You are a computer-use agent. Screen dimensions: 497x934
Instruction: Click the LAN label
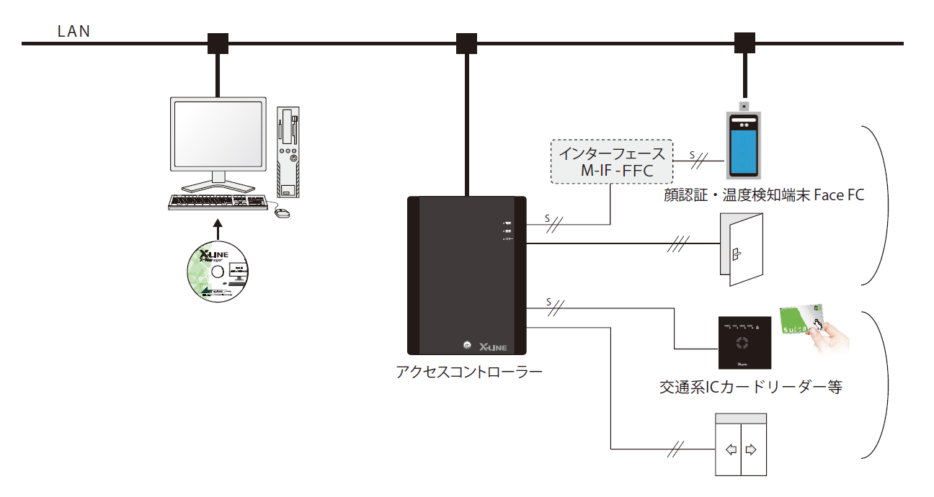tap(74, 32)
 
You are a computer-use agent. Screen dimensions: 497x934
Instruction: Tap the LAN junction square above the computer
tap(218, 43)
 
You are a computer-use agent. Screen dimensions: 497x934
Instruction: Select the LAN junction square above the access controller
tap(467, 43)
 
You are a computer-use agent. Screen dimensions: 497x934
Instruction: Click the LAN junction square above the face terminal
tap(744, 43)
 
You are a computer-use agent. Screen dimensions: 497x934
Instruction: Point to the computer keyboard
tap(220, 202)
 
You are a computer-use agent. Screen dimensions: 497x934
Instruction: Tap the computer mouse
tap(283, 212)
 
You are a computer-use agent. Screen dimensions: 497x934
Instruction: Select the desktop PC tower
tap(288, 153)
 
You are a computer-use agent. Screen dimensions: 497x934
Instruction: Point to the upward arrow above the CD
tap(217, 229)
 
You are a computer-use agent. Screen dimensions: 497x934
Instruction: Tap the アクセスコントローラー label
tap(468, 372)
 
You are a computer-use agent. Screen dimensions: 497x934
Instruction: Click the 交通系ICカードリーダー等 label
tap(750, 387)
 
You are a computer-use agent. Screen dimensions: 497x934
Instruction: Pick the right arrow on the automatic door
tap(752, 450)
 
